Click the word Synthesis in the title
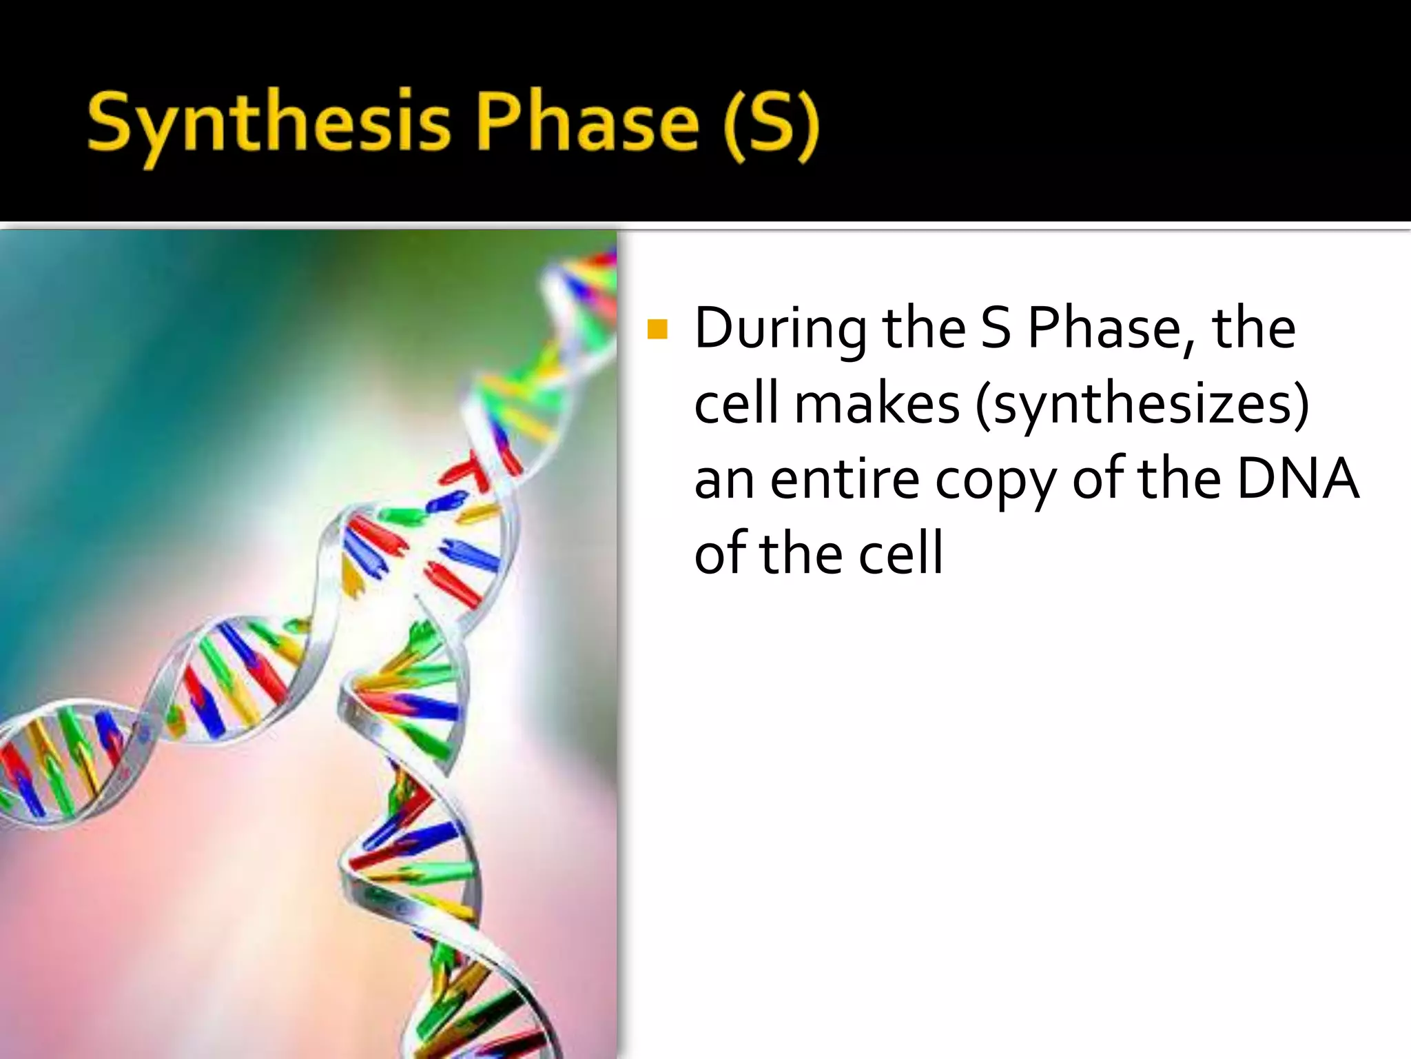[269, 124]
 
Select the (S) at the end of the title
[771, 124]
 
